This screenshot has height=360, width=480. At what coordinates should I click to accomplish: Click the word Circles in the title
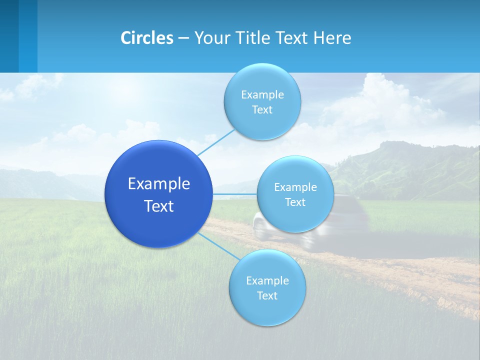point(147,38)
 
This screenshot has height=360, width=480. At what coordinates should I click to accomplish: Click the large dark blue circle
point(158,194)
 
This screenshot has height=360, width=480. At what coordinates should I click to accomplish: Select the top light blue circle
point(262,101)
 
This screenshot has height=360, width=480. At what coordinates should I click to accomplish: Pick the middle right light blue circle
point(295,194)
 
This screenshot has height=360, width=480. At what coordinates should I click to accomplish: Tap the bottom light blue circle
point(267,288)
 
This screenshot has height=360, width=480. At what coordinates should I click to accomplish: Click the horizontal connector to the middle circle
point(235,194)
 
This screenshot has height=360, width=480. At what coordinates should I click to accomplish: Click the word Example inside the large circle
point(158,183)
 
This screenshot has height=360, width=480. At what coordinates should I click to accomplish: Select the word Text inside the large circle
point(158,206)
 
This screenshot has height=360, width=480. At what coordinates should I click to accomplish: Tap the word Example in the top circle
point(262,94)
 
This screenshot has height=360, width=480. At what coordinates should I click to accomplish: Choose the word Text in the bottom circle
point(267,295)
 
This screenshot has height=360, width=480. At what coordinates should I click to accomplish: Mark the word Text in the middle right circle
point(295,202)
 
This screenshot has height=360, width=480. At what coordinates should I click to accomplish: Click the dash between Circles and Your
point(183,38)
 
